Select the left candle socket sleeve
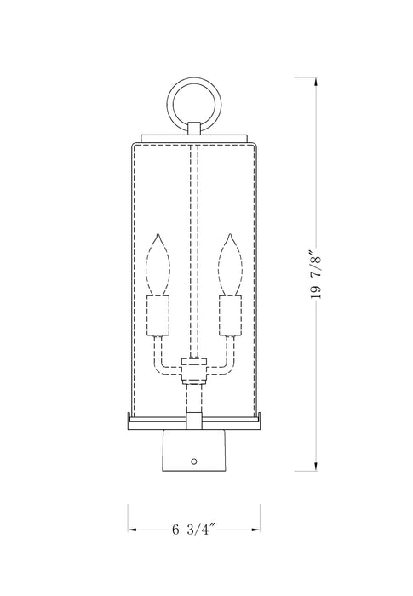coord(158,316)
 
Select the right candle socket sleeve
coord(227,316)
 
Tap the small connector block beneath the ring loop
coord(193,128)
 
